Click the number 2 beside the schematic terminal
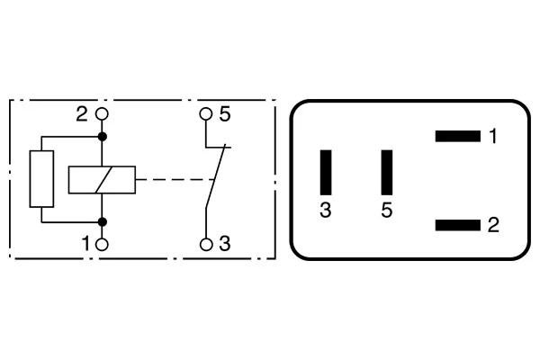pos(82,114)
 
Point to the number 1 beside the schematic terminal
pos(86,244)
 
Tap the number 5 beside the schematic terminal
pos(225,114)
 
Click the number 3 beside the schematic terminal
pos(225,244)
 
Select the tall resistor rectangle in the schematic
pos(41,179)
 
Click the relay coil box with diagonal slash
pos(102,180)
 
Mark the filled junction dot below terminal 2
pos(102,137)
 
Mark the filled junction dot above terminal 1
pos(102,222)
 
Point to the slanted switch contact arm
pos(216,176)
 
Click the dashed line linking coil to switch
pos(175,179)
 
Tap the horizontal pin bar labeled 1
pos(458,136)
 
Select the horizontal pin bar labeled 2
pos(458,225)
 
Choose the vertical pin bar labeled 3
pos(326,172)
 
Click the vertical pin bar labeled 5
pos(387,172)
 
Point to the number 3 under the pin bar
pos(326,210)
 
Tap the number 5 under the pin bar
pos(387,210)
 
